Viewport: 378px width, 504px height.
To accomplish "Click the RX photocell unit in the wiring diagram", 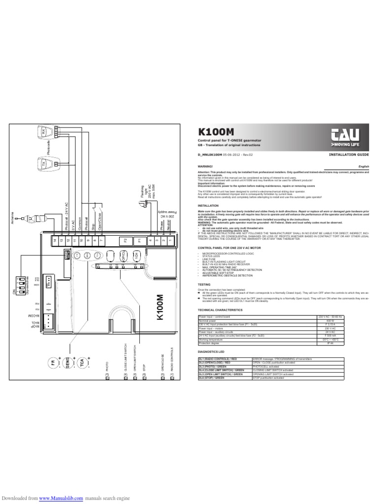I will (x=43, y=132).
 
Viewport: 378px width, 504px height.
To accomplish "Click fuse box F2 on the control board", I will (x=125, y=241).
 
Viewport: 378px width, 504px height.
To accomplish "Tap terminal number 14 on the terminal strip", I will (x=55, y=241).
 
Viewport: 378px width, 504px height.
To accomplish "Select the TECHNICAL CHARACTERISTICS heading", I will (x=220, y=310).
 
